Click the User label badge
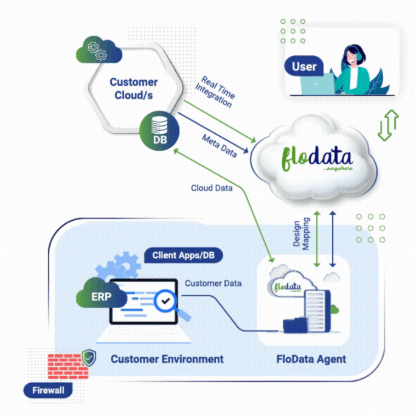(x=304, y=67)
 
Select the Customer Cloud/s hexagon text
(x=134, y=88)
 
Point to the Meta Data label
(x=219, y=146)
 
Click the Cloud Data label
(x=212, y=188)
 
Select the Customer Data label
(x=213, y=283)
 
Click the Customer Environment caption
(x=167, y=359)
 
